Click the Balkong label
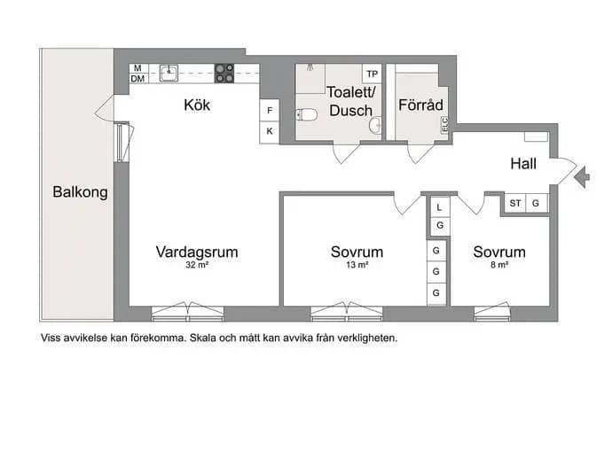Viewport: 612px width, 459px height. pyautogui.click(x=80, y=192)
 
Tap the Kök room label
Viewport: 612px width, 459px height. pyautogui.click(x=197, y=105)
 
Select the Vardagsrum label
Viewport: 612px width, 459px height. pyautogui.click(x=197, y=252)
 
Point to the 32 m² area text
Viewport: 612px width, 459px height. pyautogui.click(x=197, y=265)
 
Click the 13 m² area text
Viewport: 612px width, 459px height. pyautogui.click(x=357, y=265)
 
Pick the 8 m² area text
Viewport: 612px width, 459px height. pyautogui.click(x=499, y=265)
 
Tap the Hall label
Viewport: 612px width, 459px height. pyautogui.click(x=523, y=163)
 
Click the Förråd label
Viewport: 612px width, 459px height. pyautogui.click(x=420, y=105)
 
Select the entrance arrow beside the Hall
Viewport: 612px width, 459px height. pyautogui.click(x=582, y=177)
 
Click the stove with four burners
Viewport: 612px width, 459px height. pyautogui.click(x=224, y=74)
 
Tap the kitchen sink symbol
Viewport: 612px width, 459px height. pyautogui.click(x=169, y=74)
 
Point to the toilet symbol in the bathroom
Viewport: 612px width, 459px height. pyautogui.click(x=306, y=115)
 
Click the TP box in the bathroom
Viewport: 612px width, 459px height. pyautogui.click(x=372, y=74)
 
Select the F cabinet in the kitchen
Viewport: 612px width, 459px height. pyautogui.click(x=270, y=111)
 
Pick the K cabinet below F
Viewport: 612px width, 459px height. pyautogui.click(x=270, y=132)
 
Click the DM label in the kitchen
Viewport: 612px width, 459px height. pyautogui.click(x=137, y=79)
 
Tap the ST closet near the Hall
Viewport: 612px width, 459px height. pyautogui.click(x=514, y=203)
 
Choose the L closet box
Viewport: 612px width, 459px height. pyautogui.click(x=439, y=207)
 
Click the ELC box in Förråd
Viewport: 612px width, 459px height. pyautogui.click(x=444, y=125)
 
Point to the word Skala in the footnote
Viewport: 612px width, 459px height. pyautogui.click(x=203, y=338)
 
